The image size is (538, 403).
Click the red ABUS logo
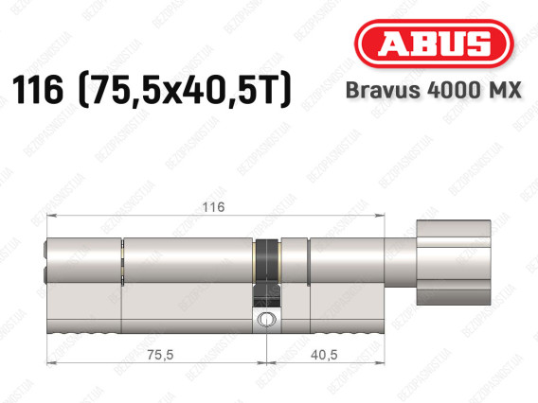(x=434, y=44)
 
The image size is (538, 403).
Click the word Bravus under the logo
(x=383, y=91)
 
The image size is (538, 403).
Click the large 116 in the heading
(x=38, y=90)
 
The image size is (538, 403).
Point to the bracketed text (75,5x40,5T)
(x=185, y=90)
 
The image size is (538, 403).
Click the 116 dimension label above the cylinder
(x=213, y=207)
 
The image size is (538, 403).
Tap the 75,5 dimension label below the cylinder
(x=160, y=355)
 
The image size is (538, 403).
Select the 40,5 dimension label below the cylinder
(x=324, y=355)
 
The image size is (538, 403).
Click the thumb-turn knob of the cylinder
(x=454, y=263)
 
